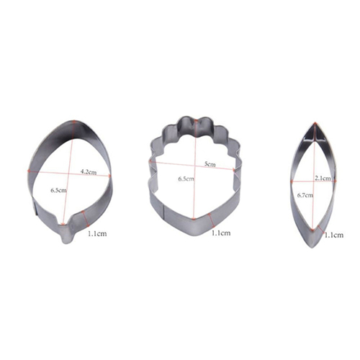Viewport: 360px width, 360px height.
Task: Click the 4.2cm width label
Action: coord(88,172)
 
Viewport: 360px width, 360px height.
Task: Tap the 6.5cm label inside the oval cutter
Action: coord(58,190)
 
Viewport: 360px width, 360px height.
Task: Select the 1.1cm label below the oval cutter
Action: coord(97,233)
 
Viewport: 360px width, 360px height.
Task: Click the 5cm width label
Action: coord(210,164)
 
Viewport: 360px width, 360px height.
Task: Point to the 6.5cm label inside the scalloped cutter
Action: coord(186,179)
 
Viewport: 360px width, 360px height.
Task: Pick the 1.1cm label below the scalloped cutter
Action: coord(221,233)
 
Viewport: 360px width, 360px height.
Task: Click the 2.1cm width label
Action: coord(323,178)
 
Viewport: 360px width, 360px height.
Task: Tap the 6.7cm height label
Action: coord(305,195)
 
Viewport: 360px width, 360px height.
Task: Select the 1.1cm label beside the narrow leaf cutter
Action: coord(334,235)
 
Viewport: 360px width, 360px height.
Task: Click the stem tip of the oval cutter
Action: coord(66,242)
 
